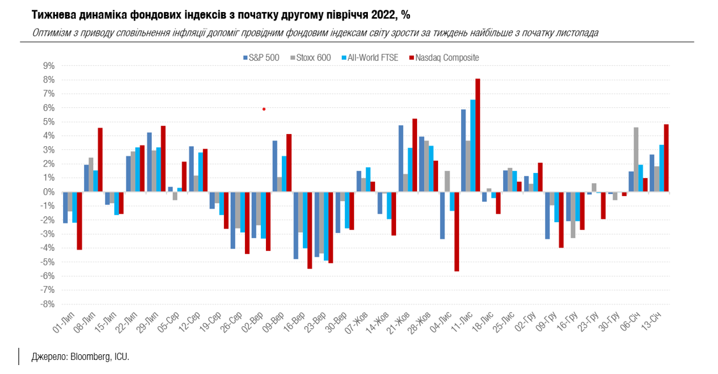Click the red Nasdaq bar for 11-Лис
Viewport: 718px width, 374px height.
pos(478,135)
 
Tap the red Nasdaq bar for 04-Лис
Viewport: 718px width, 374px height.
pos(457,231)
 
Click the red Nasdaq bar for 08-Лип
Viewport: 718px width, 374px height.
pos(100,160)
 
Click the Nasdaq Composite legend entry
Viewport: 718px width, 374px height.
pos(446,57)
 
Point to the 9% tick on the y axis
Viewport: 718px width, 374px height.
pos(48,66)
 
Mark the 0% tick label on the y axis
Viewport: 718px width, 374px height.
pos(48,192)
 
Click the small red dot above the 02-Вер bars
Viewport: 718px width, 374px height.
pos(264,109)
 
